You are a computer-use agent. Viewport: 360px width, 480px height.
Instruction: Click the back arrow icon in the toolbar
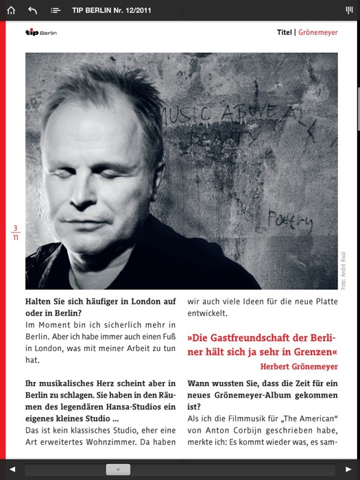(x=33, y=10)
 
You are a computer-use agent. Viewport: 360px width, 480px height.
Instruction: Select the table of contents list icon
(x=56, y=10)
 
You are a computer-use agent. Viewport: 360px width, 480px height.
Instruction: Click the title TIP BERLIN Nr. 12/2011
(x=112, y=10)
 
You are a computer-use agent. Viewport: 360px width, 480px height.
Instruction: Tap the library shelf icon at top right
(x=348, y=10)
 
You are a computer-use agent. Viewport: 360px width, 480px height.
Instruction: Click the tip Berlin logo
(x=41, y=32)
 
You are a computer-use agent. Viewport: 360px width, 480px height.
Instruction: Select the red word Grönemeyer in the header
(x=317, y=32)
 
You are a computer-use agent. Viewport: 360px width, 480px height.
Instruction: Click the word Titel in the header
(x=284, y=32)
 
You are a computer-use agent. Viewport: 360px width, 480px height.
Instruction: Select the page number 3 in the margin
(x=15, y=228)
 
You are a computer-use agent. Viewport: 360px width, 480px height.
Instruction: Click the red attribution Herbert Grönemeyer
(x=299, y=366)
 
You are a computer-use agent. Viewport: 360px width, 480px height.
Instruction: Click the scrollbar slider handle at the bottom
(x=119, y=470)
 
